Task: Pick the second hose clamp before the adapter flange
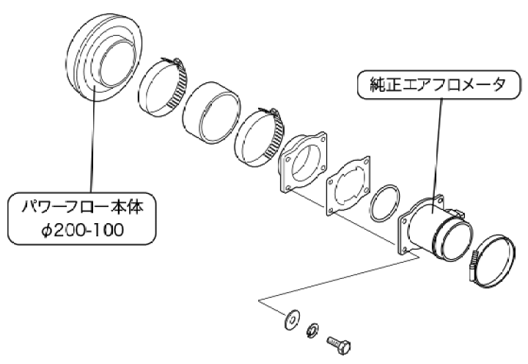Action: [x=260, y=136]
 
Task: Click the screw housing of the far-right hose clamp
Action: [x=472, y=269]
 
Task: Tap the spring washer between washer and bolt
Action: [x=312, y=330]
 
